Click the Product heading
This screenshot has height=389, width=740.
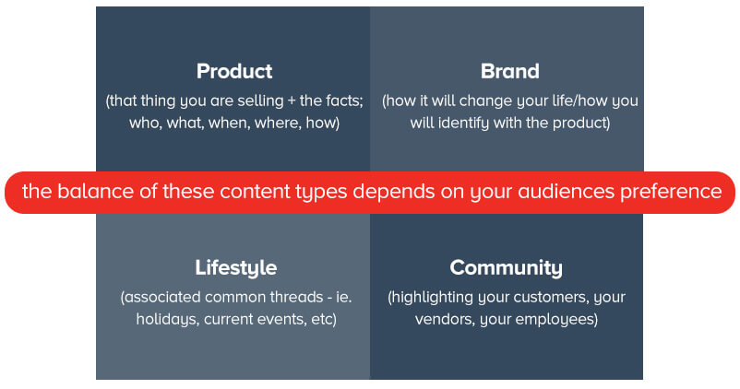[234, 71]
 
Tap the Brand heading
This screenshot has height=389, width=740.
[509, 71]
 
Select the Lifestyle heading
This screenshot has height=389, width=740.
[236, 268]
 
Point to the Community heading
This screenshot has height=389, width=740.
[506, 268]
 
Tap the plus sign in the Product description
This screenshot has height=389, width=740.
[292, 101]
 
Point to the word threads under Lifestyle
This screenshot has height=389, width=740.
[297, 297]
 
